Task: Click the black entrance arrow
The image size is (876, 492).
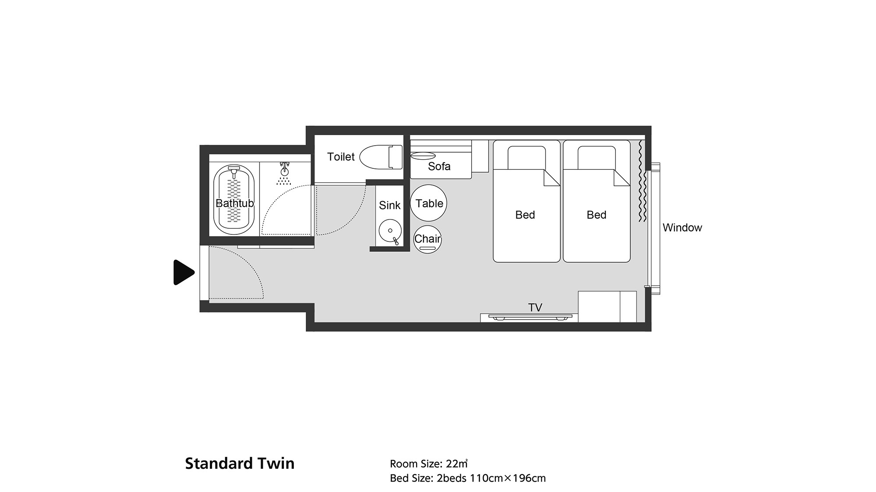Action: tap(184, 272)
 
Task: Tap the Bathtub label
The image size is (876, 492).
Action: tap(235, 203)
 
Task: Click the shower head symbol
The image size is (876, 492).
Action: tap(285, 173)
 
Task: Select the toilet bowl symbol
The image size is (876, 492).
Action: tap(381, 157)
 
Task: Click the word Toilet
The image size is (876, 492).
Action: tap(341, 157)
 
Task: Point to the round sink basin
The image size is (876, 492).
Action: tap(390, 230)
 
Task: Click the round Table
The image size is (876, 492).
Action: tap(429, 203)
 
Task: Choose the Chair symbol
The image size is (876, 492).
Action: tap(427, 239)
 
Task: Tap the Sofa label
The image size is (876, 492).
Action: tap(439, 166)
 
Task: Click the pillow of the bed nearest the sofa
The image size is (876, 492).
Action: tap(526, 157)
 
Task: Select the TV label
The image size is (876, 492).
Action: tap(535, 307)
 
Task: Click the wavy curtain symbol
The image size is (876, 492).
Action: tap(642, 181)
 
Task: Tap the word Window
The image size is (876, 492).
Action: tap(682, 227)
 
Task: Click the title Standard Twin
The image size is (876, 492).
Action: tap(240, 463)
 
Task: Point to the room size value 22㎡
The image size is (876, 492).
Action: tap(457, 464)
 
